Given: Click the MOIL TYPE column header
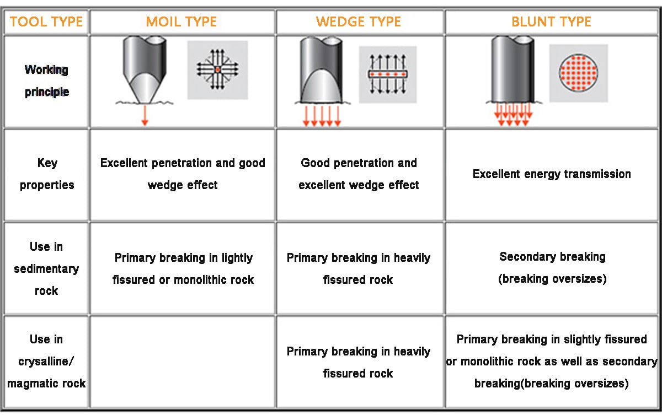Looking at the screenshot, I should click(x=182, y=22).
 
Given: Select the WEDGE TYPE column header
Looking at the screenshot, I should click(x=359, y=22).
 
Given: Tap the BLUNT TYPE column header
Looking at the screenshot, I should click(x=552, y=22).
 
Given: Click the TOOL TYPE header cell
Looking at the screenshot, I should click(x=46, y=22).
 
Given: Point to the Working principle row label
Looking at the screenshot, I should click(x=46, y=80).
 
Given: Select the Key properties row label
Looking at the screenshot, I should click(x=46, y=174).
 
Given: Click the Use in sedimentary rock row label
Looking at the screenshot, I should click(x=46, y=268).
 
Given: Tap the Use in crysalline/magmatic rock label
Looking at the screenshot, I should click(x=46, y=361).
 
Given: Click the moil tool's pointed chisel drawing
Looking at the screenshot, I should click(x=145, y=69).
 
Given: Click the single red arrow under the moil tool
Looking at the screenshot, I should click(x=145, y=115).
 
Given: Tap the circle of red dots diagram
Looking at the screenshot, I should click(x=578, y=73).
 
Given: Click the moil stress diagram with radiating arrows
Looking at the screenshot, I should click(x=217, y=69).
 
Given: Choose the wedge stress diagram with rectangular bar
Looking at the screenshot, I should click(x=387, y=74).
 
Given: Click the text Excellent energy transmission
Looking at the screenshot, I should click(x=552, y=174).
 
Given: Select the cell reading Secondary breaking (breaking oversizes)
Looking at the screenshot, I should click(x=552, y=268).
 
